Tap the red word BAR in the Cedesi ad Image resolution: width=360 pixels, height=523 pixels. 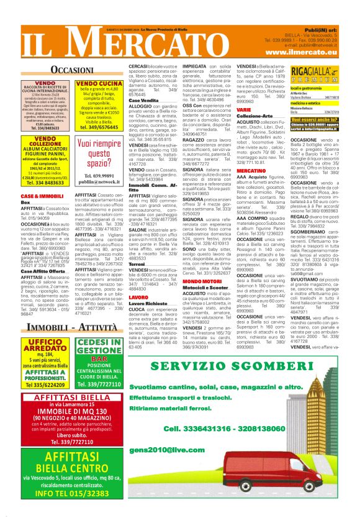pos(99,359)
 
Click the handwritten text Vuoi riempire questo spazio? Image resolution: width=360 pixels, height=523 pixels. pos(99,153)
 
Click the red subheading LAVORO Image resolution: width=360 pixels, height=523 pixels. pos(138,298)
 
